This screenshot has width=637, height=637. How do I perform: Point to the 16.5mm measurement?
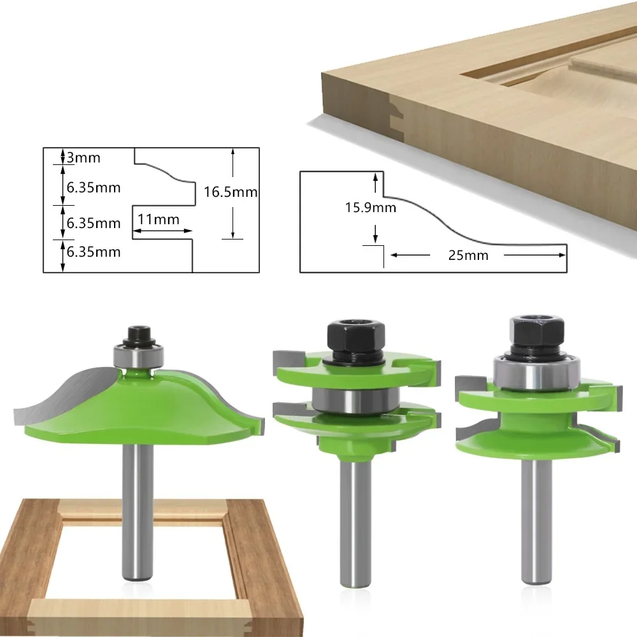231,192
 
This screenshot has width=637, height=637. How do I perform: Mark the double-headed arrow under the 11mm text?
162,231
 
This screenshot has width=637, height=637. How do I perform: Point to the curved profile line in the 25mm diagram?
446,223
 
